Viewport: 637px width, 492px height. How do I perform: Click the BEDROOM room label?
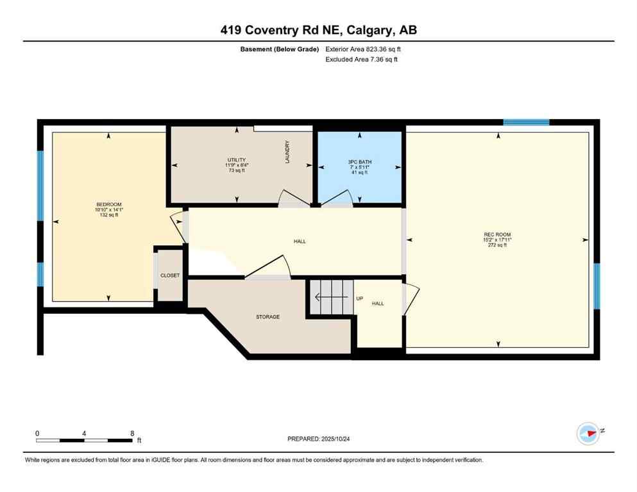pyautogui.click(x=108, y=205)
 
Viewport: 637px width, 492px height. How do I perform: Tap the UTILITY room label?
pyautogui.click(x=236, y=160)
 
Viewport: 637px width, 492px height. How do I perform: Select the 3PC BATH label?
pyautogui.click(x=359, y=162)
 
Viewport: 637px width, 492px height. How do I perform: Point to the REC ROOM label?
pyautogui.click(x=497, y=234)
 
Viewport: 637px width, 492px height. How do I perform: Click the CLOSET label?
pyautogui.click(x=170, y=275)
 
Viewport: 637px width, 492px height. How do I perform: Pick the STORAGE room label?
pyautogui.click(x=268, y=316)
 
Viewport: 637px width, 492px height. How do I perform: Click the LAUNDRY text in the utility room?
pyautogui.click(x=288, y=152)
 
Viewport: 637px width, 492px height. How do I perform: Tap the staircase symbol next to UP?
pyautogui.click(x=332, y=297)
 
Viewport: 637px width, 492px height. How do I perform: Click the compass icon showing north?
pyautogui.click(x=588, y=433)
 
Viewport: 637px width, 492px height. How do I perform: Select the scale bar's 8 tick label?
pyautogui.click(x=132, y=433)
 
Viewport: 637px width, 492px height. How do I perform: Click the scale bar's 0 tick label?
pyautogui.click(x=38, y=433)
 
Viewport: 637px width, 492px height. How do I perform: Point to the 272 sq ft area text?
pyautogui.click(x=497, y=245)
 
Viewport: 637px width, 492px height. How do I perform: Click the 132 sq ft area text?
pyautogui.click(x=108, y=215)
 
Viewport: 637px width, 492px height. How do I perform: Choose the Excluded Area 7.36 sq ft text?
pyautogui.click(x=361, y=60)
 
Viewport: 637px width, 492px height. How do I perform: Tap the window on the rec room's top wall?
pyautogui.click(x=526, y=122)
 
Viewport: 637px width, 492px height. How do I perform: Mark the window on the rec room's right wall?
pyautogui.click(x=596, y=286)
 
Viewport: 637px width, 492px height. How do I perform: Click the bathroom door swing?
pyautogui.click(x=335, y=199)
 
